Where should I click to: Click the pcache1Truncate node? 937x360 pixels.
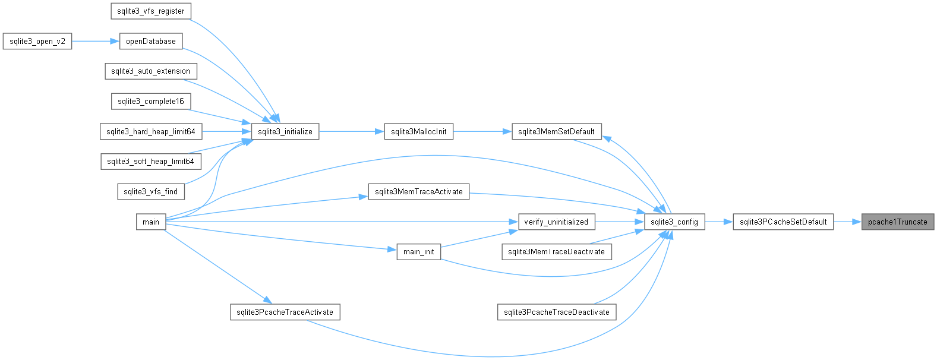898,222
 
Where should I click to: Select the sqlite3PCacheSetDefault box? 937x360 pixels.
783,222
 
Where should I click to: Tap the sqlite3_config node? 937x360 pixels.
674,222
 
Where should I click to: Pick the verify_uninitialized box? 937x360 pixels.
556,222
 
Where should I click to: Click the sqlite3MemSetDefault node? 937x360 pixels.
556,131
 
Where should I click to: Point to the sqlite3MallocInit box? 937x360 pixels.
419,131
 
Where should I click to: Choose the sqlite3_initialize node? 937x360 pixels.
285,131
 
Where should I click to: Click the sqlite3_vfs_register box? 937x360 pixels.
150,11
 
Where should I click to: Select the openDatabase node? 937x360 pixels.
150,41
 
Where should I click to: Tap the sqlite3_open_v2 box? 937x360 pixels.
37,41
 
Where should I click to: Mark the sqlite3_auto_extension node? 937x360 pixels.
150,71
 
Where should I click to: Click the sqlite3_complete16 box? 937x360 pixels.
150,101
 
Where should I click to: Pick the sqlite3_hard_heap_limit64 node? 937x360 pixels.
150,131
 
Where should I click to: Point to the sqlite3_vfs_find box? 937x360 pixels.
150,191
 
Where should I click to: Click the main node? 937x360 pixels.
150,222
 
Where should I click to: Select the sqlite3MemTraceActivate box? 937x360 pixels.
419,191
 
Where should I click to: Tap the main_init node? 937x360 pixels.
419,252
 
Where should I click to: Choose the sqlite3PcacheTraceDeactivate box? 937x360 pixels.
556,312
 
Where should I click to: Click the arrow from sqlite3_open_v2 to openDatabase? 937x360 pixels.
96,41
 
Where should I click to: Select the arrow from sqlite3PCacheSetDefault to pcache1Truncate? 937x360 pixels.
847,222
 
